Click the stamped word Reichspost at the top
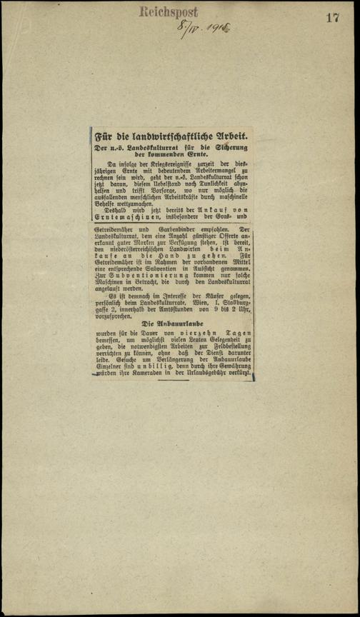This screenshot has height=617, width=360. coord(169,11)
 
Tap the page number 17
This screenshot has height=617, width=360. coord(333,18)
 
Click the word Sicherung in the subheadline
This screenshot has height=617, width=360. coord(231,147)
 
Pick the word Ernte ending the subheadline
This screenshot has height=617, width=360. coord(200,154)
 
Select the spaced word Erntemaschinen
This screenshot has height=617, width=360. coord(123,217)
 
